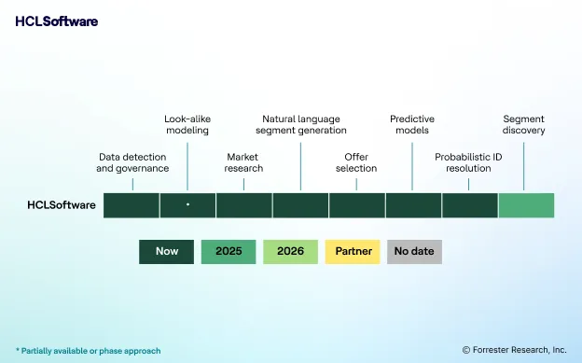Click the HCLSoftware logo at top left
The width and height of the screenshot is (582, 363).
pyautogui.click(x=56, y=21)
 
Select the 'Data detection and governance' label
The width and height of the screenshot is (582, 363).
pyautogui.click(x=132, y=162)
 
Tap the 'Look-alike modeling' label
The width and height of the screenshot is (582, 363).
pyautogui.click(x=187, y=125)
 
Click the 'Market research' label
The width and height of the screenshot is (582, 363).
pyautogui.click(x=243, y=162)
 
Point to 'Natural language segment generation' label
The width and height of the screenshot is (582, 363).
pyautogui.click(x=300, y=125)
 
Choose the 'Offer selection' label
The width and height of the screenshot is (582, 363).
pyautogui.click(x=356, y=162)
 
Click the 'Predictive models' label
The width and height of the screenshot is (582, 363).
pyautogui.click(x=412, y=125)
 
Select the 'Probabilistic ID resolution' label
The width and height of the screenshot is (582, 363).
pyautogui.click(x=468, y=162)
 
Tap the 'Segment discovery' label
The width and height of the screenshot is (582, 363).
pyautogui.click(x=524, y=125)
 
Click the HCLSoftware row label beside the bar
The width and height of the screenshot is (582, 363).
pyautogui.click(x=61, y=205)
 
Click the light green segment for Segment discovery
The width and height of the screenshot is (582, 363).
pyautogui.click(x=526, y=205)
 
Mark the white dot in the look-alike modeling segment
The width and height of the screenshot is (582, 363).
pyautogui.click(x=187, y=203)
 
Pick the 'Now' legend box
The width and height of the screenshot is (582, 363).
pyautogui.click(x=167, y=251)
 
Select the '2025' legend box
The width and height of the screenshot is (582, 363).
pyautogui.click(x=229, y=251)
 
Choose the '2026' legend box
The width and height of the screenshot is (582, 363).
pyautogui.click(x=291, y=251)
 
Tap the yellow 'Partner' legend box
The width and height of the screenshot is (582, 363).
pyautogui.click(x=353, y=251)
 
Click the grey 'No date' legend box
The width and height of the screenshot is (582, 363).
pyautogui.click(x=414, y=251)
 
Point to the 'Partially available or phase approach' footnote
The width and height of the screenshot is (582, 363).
pyautogui.click(x=88, y=351)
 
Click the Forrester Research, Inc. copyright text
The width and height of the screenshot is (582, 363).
pyautogui.click(x=514, y=350)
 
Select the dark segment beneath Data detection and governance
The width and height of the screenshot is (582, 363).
pyautogui.click(x=131, y=205)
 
